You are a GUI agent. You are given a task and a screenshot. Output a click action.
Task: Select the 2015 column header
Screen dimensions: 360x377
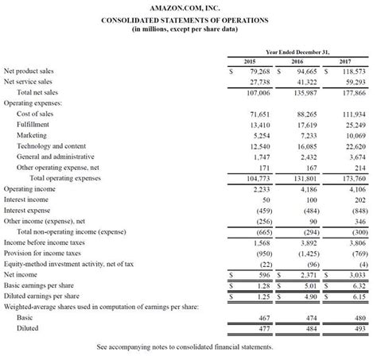click(249, 61)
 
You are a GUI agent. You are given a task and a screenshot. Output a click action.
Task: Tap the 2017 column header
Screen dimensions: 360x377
click(344, 61)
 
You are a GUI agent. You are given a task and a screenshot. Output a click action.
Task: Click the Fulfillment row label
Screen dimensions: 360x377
click(33, 124)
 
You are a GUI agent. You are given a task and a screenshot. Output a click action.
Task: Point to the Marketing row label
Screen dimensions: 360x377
click(31, 135)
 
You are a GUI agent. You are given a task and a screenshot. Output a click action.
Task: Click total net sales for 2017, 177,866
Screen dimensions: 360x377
click(349, 92)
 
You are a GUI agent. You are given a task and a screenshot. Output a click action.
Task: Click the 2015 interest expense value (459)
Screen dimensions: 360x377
click(258, 210)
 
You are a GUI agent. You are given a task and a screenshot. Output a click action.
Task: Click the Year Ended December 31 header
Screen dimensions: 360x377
click(297, 50)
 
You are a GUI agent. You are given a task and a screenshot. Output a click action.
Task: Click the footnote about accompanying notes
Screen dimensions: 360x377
click(185, 347)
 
